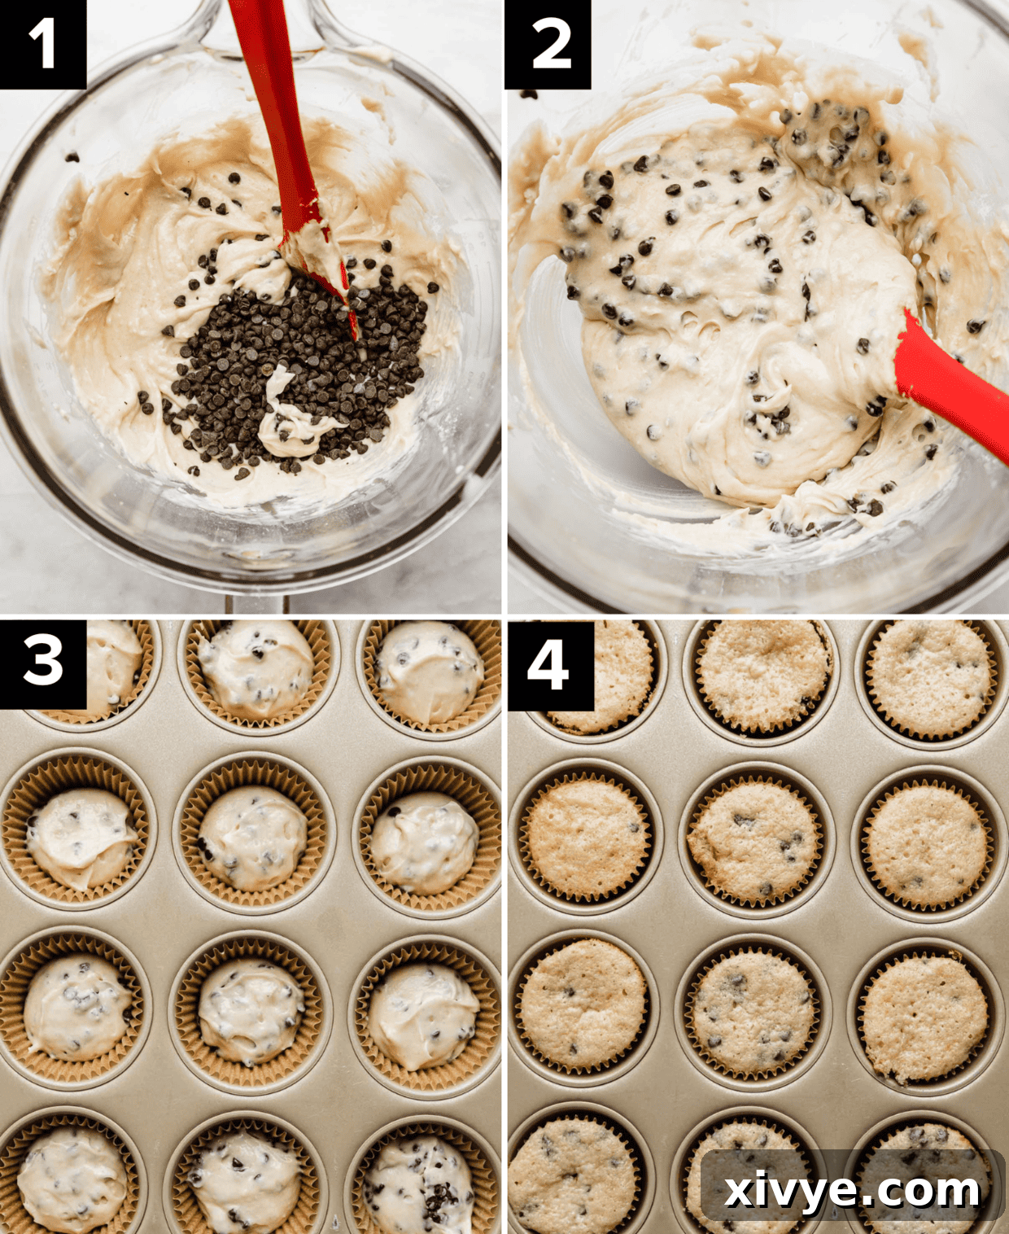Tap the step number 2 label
point(548,44)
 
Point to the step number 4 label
point(548,664)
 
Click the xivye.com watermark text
point(851,1189)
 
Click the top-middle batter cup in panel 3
point(256,672)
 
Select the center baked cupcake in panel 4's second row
point(753,842)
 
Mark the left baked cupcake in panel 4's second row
point(586,838)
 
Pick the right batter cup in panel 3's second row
point(425,842)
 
